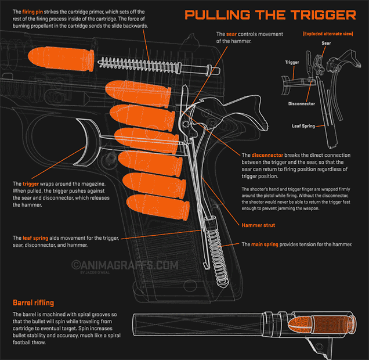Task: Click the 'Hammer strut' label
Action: (258, 225)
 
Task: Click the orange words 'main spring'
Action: (264, 244)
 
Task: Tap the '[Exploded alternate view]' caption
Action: (328, 34)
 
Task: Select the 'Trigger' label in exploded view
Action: (292, 62)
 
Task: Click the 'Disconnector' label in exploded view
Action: (301, 104)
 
